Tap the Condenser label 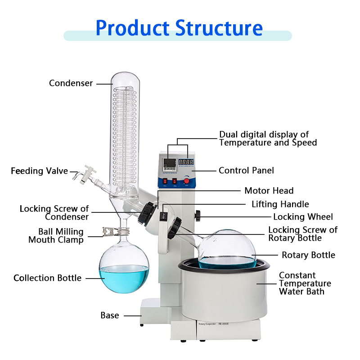[71, 83]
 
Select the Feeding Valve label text [39, 171]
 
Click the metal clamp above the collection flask [109, 233]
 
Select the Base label [110, 315]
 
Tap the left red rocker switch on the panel [165, 181]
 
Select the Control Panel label [246, 171]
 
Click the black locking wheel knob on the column [198, 216]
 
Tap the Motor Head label [269, 191]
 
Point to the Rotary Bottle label [308, 255]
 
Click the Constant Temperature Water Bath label [305, 283]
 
